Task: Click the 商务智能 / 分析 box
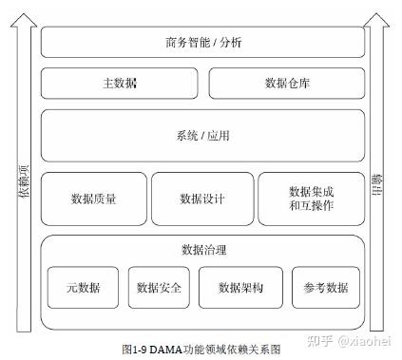pos(202,42)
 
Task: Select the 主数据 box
pos(120,83)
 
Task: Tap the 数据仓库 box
pos(286,83)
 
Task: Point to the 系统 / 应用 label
pos(202,135)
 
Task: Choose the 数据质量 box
pos(93,199)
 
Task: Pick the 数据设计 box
pos(201,199)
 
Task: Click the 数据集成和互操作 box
pos(311,199)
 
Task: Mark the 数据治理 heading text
pos(202,250)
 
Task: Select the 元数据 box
pos(83,287)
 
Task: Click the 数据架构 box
pos(239,287)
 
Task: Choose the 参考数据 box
pos(326,287)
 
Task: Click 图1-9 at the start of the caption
pos(134,349)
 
